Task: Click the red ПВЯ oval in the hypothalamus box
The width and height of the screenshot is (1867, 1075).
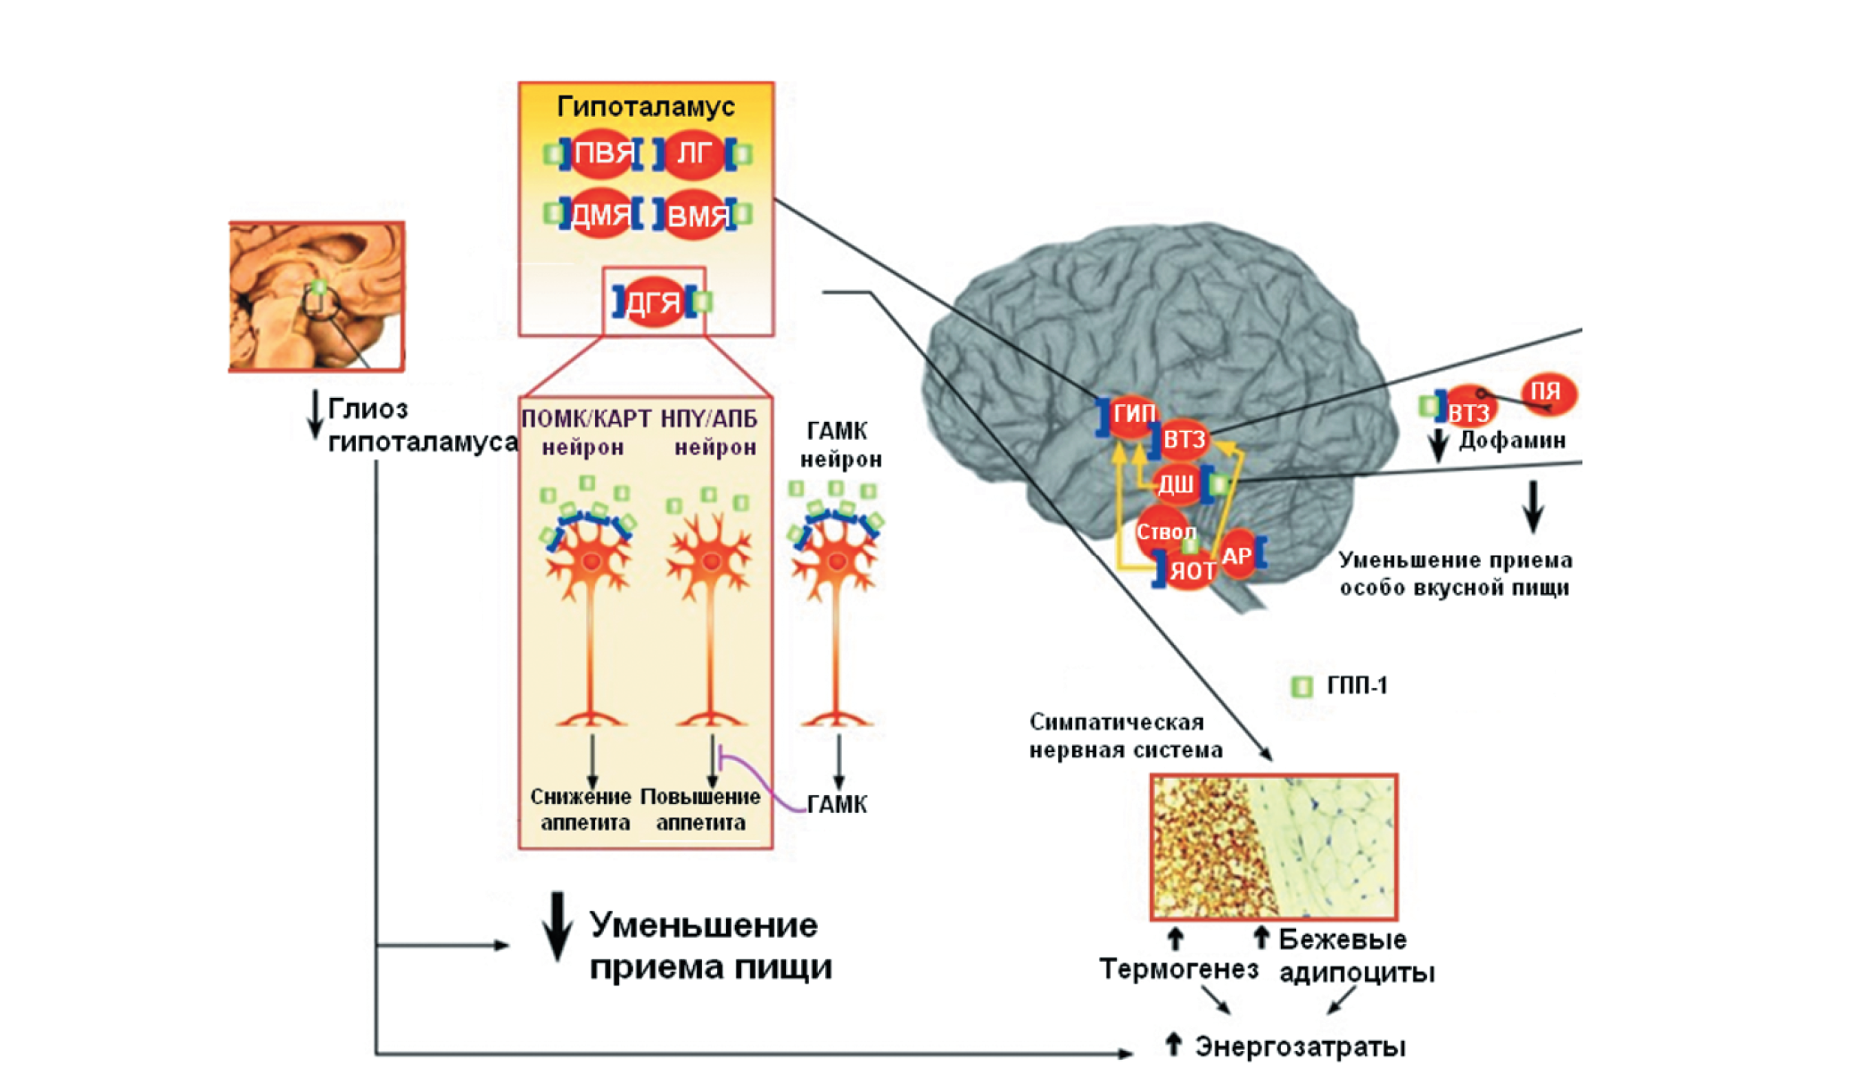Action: click(603, 154)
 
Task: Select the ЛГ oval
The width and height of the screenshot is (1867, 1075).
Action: click(694, 154)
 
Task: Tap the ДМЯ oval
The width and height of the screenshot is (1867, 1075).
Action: click(600, 214)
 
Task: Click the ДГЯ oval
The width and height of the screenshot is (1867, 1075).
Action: click(653, 303)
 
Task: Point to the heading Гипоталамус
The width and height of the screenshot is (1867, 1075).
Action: click(646, 107)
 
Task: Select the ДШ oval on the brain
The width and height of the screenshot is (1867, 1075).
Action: click(1176, 484)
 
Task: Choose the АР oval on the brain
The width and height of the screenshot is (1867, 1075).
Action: click(1237, 555)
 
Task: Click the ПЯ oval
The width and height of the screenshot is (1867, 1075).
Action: click(1548, 393)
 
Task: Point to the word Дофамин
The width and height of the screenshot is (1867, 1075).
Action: click(1512, 440)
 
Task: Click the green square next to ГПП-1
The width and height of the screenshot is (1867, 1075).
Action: click(1302, 686)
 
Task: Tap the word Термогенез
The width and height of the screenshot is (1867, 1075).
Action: click(1178, 969)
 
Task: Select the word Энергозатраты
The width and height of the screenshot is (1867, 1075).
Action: click(1300, 1046)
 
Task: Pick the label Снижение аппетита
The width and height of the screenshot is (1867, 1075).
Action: click(582, 809)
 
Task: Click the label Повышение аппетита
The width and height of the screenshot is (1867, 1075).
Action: click(700, 809)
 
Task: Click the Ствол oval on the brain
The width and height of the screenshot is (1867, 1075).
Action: click(1163, 531)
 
